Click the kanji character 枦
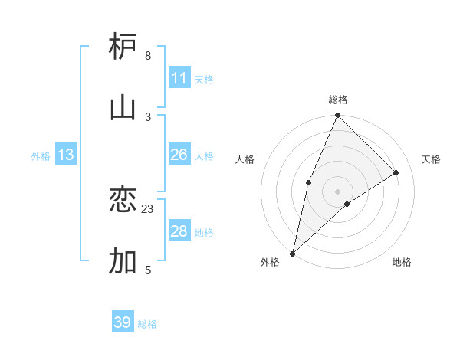(123, 47)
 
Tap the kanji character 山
(123, 107)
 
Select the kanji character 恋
(123, 200)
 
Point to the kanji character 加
(123, 261)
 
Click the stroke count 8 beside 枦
(148, 56)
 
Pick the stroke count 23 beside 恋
(148, 208)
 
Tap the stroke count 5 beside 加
(148, 270)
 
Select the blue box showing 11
(179, 78)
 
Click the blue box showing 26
(179, 155)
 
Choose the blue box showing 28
(179, 231)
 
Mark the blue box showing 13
(66, 155)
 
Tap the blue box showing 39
(123, 322)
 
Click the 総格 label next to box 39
(148, 324)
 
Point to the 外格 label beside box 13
(41, 156)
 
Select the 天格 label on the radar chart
(431, 159)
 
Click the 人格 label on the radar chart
(245, 159)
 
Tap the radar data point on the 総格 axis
(337, 116)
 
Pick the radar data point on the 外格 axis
(293, 253)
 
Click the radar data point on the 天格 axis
(396, 172)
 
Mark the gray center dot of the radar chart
(337, 191)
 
